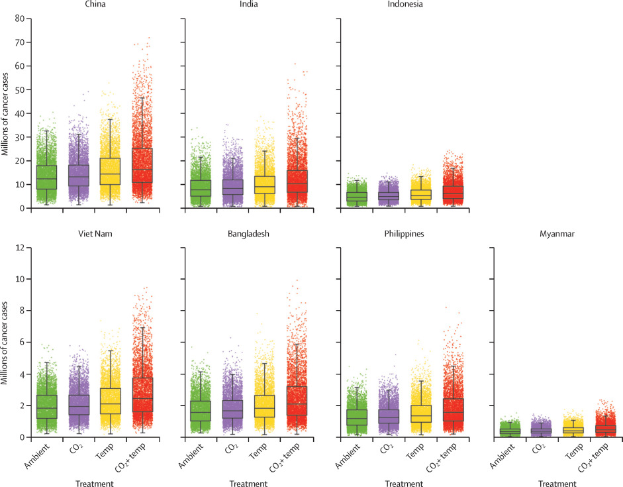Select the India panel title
coord(248,4)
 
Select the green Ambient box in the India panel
coord(200,188)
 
